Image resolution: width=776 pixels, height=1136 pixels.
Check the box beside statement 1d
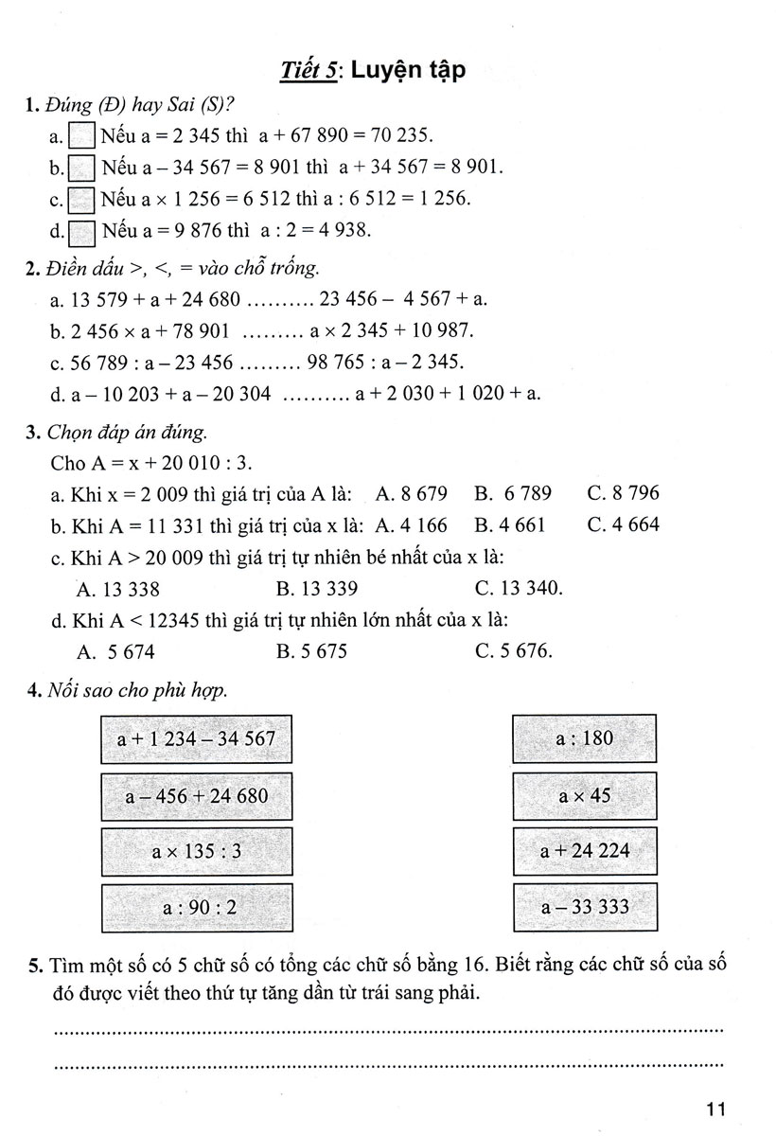[82, 231]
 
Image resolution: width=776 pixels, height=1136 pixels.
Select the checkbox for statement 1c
[82, 200]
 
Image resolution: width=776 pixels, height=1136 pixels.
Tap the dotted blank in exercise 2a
[279, 300]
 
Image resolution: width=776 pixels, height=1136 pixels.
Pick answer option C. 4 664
[623, 524]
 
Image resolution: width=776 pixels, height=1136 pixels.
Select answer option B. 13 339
[317, 589]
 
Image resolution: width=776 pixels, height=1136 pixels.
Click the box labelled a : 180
[585, 738]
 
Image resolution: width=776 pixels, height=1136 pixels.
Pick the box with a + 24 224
[585, 851]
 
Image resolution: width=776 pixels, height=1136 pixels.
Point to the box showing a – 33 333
[585, 907]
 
